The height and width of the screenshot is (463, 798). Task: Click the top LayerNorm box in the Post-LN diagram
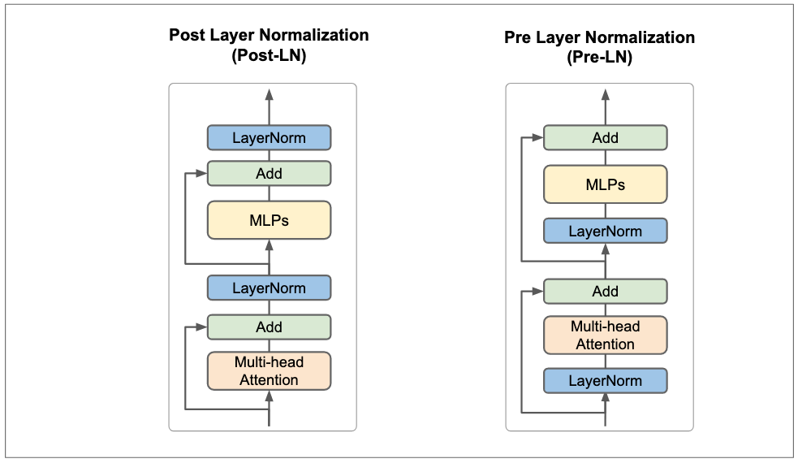click(270, 137)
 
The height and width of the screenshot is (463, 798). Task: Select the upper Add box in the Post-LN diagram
click(270, 174)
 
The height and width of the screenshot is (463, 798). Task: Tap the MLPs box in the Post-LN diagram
click(270, 220)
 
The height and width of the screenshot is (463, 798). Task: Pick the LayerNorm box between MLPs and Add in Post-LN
click(270, 288)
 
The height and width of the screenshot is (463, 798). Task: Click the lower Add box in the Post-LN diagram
click(270, 327)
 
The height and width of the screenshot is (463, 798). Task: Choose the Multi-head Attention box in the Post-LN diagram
click(270, 371)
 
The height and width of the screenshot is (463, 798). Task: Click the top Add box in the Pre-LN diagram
click(605, 137)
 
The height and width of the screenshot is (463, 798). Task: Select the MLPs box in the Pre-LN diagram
click(605, 184)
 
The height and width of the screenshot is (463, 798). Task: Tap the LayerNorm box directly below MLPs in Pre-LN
click(605, 231)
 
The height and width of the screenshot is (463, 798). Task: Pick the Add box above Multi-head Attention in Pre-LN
click(605, 292)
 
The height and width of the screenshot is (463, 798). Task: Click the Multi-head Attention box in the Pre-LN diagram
click(605, 335)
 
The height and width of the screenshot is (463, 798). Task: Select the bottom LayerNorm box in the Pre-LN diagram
click(605, 380)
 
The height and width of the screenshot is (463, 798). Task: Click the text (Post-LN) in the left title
click(270, 55)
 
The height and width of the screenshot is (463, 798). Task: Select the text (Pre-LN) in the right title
click(600, 57)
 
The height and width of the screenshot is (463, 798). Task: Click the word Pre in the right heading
click(517, 37)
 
